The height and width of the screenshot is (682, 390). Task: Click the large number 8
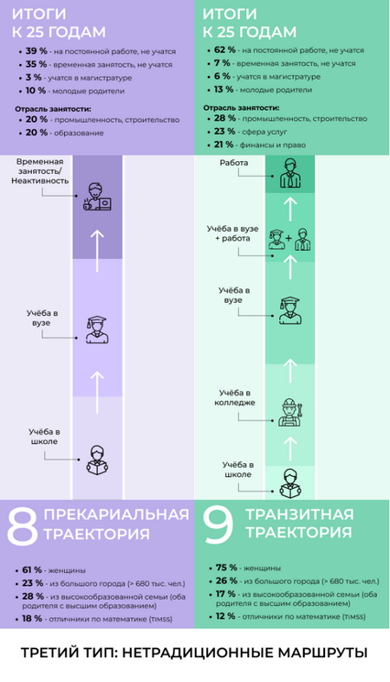pos(22,526)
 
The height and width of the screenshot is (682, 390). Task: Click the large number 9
pos(219,525)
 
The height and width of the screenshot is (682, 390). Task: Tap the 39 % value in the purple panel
pos(37,51)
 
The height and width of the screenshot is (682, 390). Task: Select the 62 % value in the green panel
pos(225,50)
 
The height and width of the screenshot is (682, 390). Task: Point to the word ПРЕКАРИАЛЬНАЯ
pos(116,514)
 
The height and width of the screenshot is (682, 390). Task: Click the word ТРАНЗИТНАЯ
pos(300,514)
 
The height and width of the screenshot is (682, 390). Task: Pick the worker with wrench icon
pos(290,412)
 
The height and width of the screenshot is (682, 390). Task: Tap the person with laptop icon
pos(97,197)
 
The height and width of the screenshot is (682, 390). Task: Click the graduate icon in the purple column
pos(97,330)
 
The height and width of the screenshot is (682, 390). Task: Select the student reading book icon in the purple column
pos(97,460)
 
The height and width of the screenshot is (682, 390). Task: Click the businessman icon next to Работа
pos(290,173)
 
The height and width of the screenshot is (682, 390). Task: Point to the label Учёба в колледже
pos(234,397)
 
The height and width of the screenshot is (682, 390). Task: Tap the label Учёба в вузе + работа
pos(233,233)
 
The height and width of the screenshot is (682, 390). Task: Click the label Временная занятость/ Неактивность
pos(40,171)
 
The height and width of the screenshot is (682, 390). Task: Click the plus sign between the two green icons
pos(289,238)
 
